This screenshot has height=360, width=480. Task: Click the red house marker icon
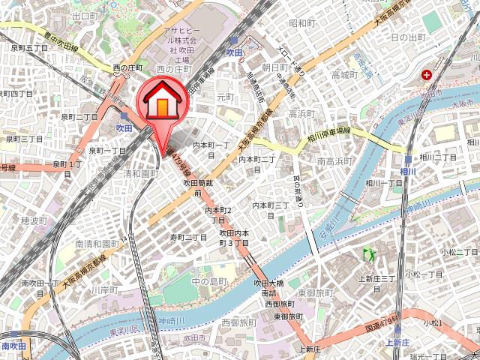(x=160, y=100)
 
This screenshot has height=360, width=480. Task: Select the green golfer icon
(x=368, y=254)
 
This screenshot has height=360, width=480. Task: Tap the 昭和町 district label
(x=302, y=23)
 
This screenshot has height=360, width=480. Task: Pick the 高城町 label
(x=346, y=76)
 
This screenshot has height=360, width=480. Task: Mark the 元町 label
(x=226, y=97)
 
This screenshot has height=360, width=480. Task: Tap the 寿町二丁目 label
(x=187, y=237)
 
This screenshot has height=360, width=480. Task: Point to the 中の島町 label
(x=209, y=281)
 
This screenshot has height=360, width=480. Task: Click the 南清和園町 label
(x=97, y=244)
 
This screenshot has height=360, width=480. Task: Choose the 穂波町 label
(x=34, y=220)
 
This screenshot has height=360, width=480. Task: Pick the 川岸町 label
(x=104, y=289)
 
